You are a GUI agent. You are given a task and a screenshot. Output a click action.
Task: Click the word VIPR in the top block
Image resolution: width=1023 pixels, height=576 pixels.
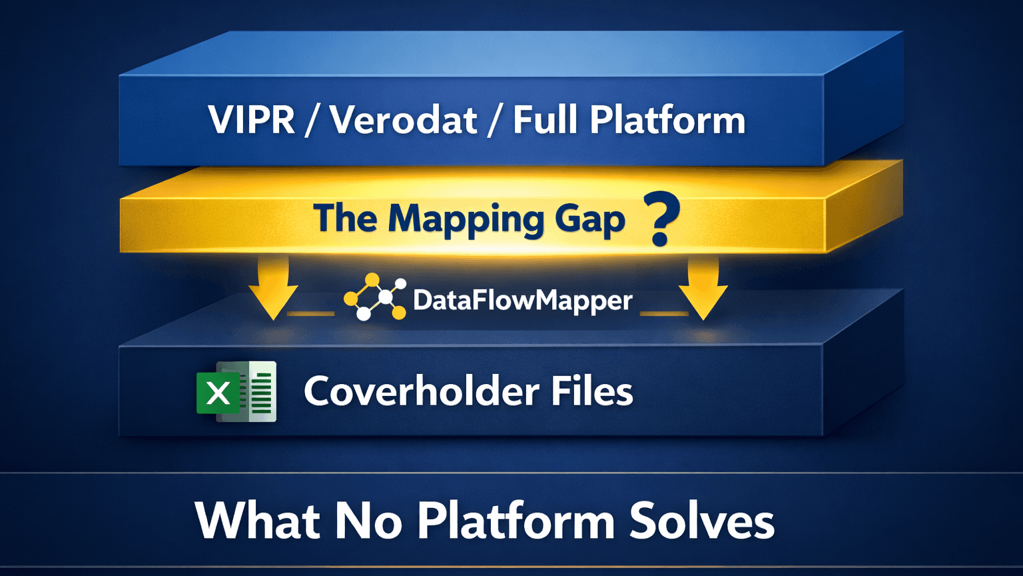(x=251, y=120)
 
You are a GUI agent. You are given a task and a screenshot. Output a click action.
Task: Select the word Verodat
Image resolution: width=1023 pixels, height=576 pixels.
(x=404, y=120)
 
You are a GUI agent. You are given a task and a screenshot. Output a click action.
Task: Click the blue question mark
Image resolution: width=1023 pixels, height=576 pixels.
(x=661, y=219)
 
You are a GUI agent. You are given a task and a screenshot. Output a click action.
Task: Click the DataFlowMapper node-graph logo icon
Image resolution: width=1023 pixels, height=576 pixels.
(x=375, y=298)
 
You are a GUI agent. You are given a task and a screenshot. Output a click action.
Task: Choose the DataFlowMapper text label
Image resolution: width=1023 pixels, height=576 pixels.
(x=522, y=300)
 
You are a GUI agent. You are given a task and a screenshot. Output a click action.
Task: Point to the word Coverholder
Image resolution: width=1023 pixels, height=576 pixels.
(x=421, y=391)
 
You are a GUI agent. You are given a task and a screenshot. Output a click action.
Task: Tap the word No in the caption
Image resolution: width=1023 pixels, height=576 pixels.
(x=368, y=521)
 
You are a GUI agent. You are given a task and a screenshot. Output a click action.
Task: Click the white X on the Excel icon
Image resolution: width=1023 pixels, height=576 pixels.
(x=218, y=393)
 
